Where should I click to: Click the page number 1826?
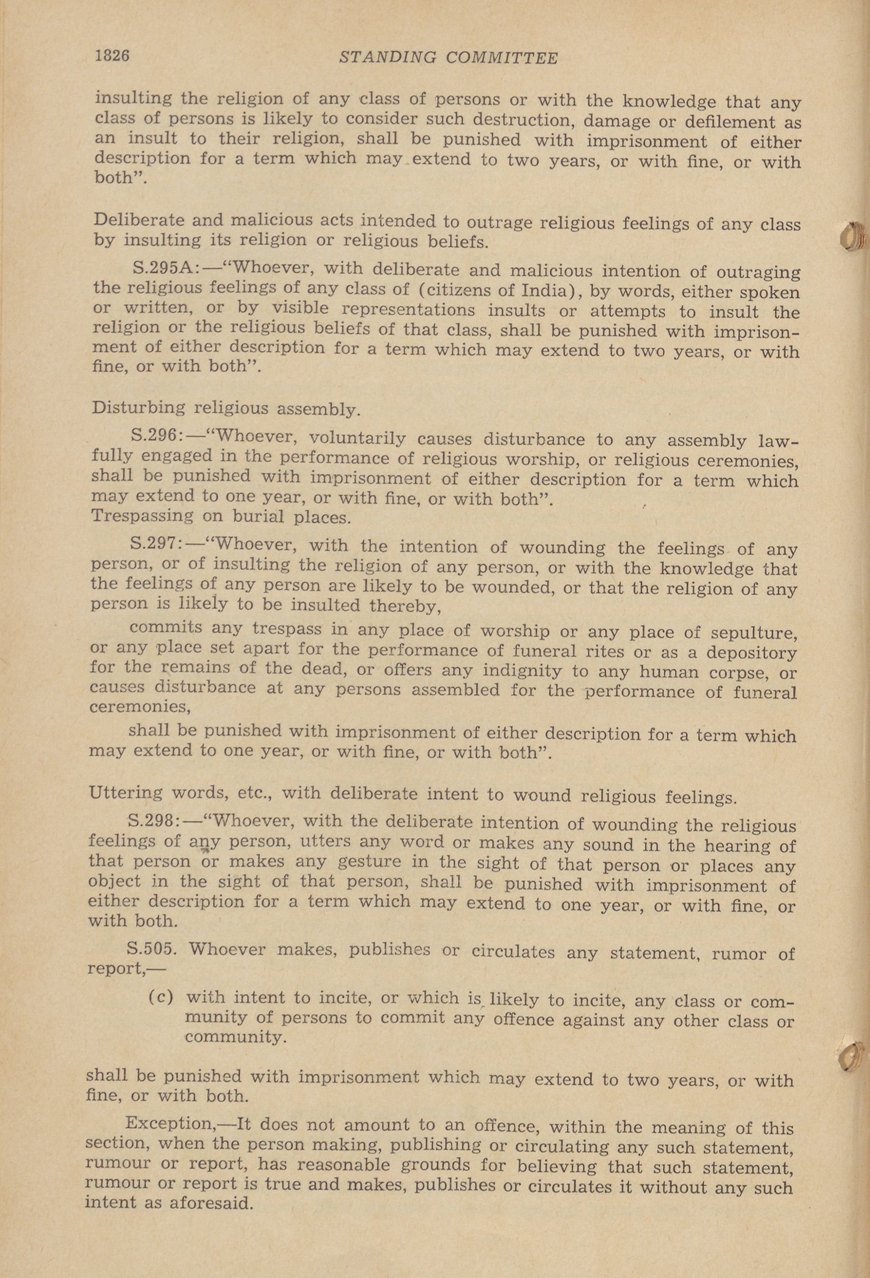(x=112, y=56)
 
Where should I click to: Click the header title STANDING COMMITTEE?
(x=449, y=58)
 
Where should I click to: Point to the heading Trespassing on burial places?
(x=220, y=517)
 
